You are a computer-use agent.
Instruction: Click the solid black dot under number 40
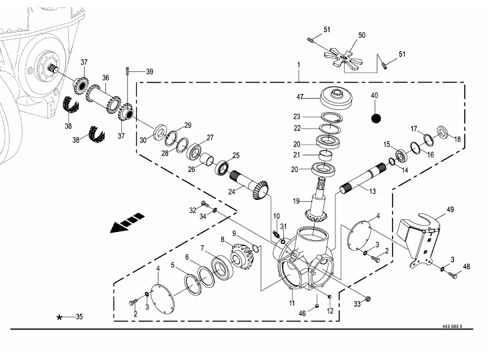[375, 118]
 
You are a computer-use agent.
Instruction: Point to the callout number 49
[450, 209]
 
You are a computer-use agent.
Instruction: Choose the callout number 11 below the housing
[291, 303]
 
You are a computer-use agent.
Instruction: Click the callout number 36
[105, 77]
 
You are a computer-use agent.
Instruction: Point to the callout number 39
[149, 71]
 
